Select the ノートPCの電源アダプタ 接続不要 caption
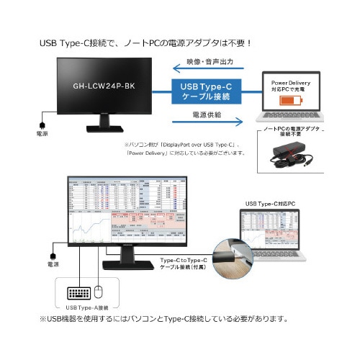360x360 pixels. tap(291, 130)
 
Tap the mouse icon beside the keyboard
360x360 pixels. tap(99, 292)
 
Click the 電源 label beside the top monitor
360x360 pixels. tap(42, 134)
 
